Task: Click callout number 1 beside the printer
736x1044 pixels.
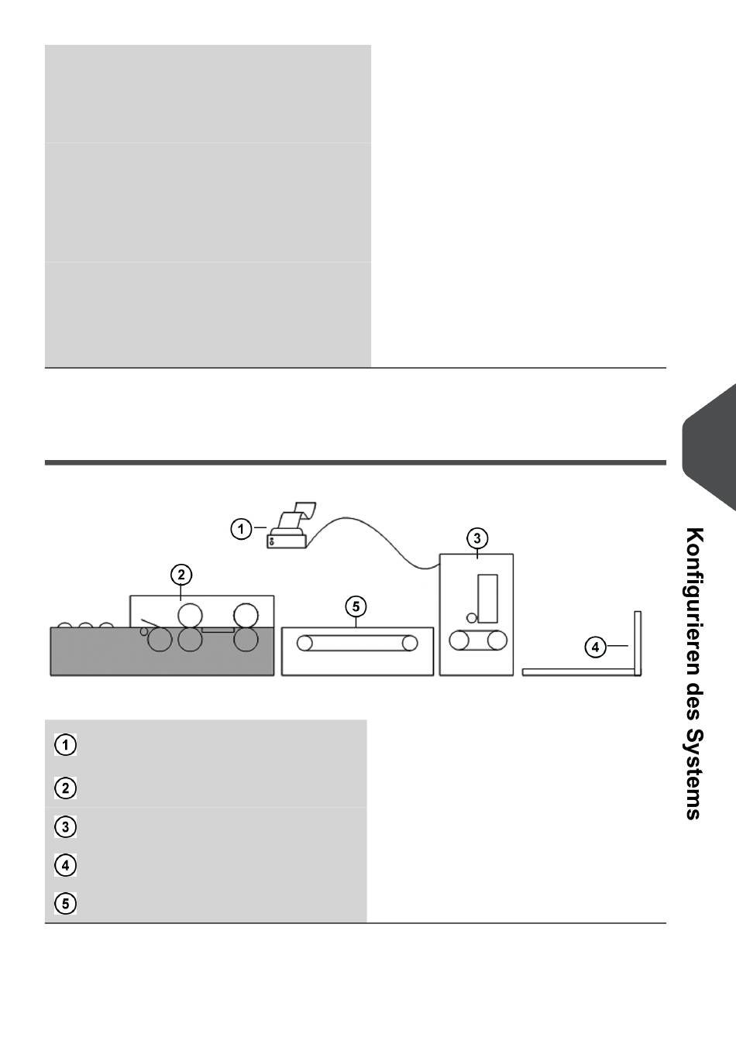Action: pyautogui.click(x=241, y=530)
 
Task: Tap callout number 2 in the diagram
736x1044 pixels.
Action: pyautogui.click(x=181, y=575)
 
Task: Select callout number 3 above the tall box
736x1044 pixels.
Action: pyautogui.click(x=477, y=537)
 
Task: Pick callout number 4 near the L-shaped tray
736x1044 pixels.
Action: pyautogui.click(x=595, y=646)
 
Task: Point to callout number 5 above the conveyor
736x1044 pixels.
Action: pyautogui.click(x=356, y=606)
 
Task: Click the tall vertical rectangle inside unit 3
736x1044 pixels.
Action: pyautogui.click(x=487, y=598)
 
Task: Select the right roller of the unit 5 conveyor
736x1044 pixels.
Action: pyautogui.click(x=410, y=642)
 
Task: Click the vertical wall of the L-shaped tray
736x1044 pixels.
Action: pyautogui.click(x=638, y=643)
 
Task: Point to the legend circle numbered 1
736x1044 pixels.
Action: pyautogui.click(x=66, y=745)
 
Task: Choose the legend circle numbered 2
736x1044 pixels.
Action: pyautogui.click(x=66, y=788)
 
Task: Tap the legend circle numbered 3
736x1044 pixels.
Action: pyautogui.click(x=66, y=827)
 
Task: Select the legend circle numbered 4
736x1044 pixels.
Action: pyautogui.click(x=66, y=864)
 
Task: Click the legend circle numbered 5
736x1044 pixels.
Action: pyautogui.click(x=66, y=903)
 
